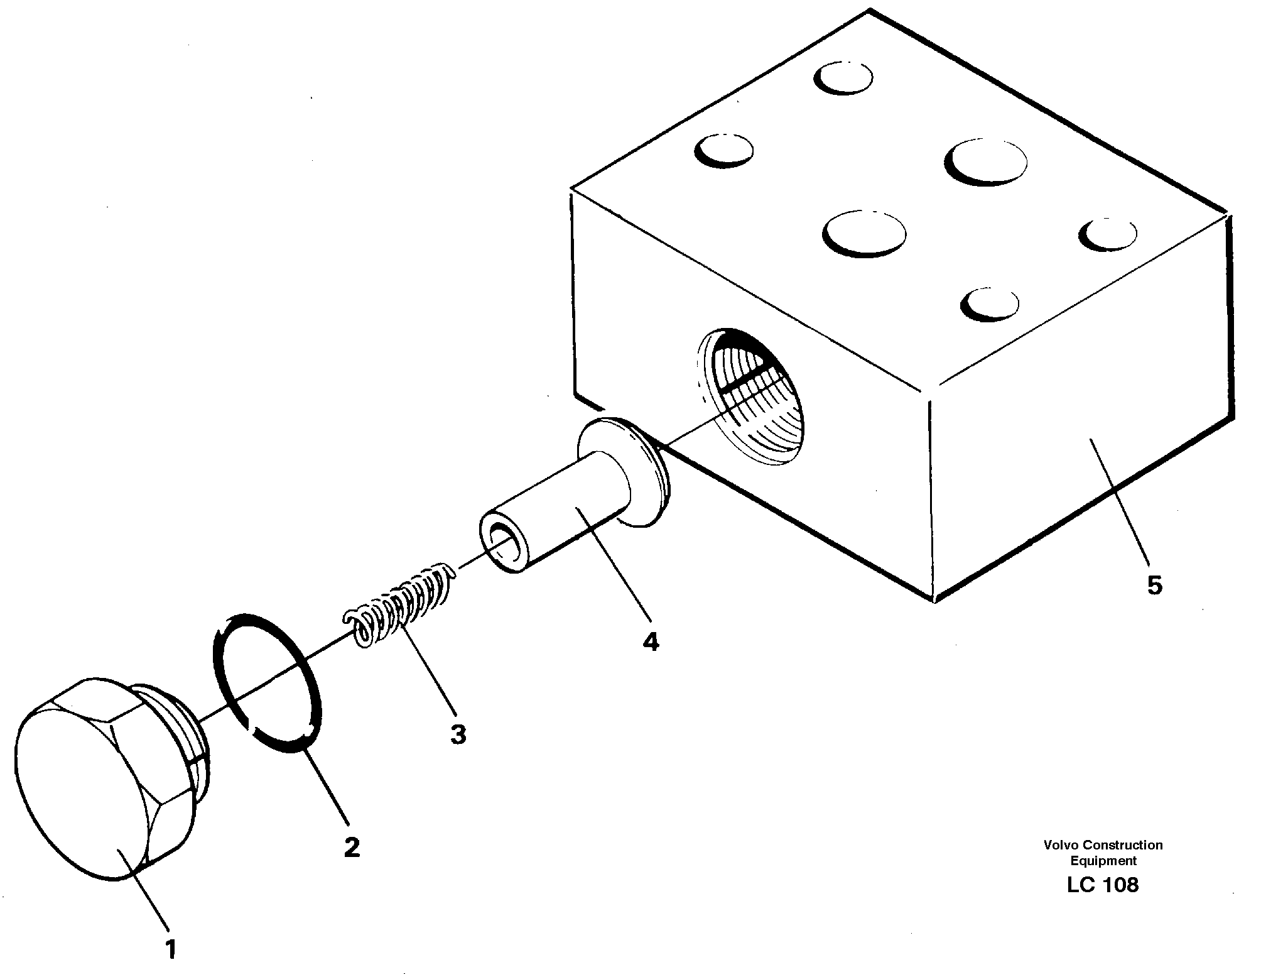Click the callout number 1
(170, 949)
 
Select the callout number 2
(352, 848)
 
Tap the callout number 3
(458, 733)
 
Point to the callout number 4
(651, 641)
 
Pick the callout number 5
(1154, 585)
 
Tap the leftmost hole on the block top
(724, 151)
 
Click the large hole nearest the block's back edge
(985, 162)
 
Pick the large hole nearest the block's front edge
(864, 233)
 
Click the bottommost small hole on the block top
(990, 303)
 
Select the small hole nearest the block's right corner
(1108, 234)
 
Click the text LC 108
(1102, 885)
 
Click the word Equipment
(1103, 861)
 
